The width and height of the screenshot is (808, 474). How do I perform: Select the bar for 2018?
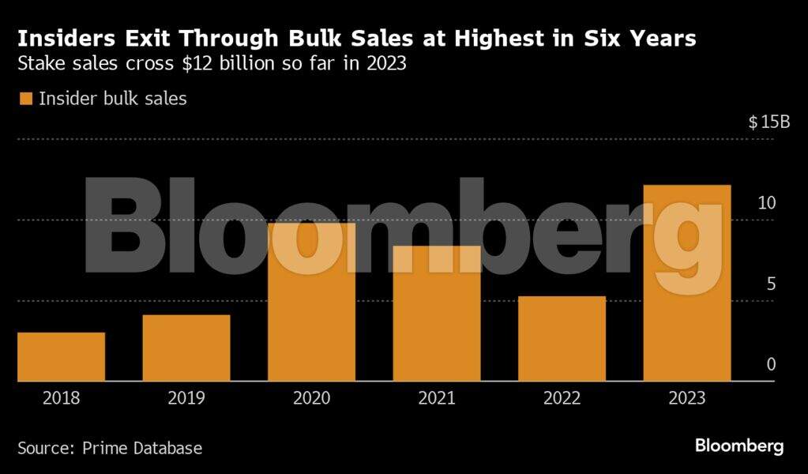(61, 357)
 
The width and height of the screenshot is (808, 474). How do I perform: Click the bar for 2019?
(186, 348)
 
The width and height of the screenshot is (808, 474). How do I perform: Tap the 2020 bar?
(311, 303)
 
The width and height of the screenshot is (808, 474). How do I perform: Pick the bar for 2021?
(437, 314)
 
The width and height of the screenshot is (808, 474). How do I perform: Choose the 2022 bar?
(562, 339)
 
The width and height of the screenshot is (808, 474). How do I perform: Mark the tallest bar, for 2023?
(687, 283)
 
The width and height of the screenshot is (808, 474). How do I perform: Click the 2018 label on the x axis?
(61, 397)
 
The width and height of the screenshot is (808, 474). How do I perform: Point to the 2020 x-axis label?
(311, 397)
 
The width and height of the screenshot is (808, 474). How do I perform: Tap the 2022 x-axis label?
(562, 397)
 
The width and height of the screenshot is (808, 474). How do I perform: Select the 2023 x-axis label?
(687, 397)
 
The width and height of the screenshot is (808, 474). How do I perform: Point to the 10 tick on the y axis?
(767, 203)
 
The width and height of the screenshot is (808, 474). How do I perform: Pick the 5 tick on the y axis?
(772, 284)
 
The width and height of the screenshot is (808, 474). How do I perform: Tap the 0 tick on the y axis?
(772, 364)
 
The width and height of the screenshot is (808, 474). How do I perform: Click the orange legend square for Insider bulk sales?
(25, 99)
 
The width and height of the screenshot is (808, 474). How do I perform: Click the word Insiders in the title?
(61, 38)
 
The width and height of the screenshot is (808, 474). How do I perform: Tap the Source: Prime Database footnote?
(110, 448)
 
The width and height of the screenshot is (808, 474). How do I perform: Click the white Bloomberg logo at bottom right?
(739, 446)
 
